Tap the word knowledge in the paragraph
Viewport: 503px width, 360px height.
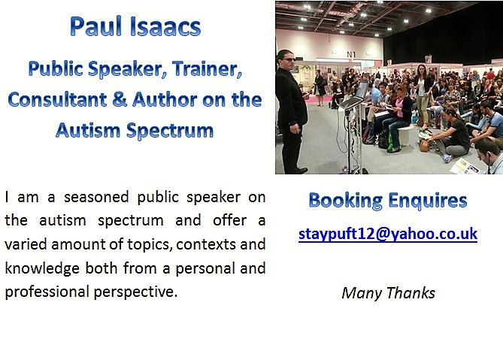point(35,268)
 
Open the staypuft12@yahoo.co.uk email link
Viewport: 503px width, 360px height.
point(387,234)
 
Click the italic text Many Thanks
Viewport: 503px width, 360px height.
point(388,293)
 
